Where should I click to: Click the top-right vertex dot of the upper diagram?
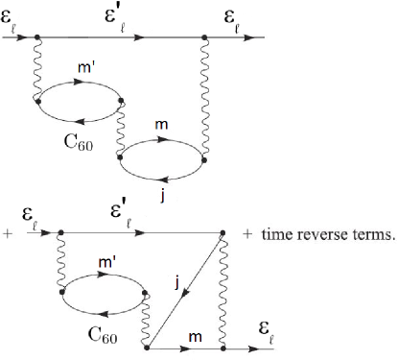point(205,39)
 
